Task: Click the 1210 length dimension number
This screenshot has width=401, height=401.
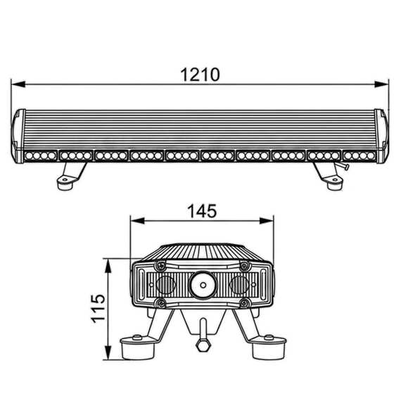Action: coord(200,75)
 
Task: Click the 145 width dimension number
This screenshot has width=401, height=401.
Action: coord(202,211)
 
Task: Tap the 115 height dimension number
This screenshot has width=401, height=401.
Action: coord(98,308)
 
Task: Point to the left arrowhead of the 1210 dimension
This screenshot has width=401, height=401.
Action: coord(18,84)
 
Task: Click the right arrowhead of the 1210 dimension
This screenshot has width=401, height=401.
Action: coord(381,84)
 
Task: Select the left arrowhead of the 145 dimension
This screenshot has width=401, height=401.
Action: coord(138,221)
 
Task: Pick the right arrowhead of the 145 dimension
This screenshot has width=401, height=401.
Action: coord(267,221)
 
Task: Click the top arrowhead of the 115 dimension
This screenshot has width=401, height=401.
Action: coord(108,266)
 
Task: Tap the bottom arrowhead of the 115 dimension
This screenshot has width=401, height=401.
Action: coord(108,352)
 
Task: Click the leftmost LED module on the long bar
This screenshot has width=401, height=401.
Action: coord(40,155)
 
